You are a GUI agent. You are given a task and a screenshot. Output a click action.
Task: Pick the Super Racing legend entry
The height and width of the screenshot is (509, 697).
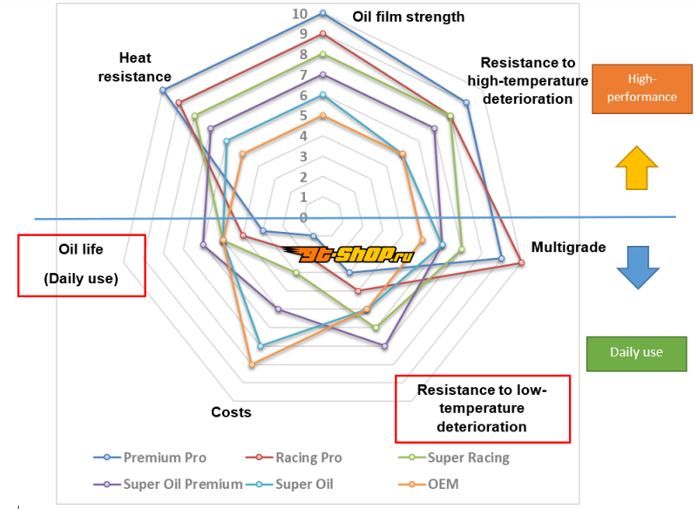coord(466,458)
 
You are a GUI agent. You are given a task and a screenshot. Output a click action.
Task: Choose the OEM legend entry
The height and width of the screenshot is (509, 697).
coord(440,484)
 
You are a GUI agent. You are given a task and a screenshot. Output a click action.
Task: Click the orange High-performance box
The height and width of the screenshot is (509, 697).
coord(641,90)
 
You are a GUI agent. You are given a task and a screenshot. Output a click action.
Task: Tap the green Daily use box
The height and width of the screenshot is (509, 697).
coord(636,352)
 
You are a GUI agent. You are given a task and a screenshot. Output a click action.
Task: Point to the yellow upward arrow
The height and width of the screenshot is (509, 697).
coord(636,166)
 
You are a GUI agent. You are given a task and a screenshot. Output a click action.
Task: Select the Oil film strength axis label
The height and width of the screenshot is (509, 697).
coord(408,17)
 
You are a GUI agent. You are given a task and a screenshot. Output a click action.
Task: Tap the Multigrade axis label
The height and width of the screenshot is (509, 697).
coord(568,247)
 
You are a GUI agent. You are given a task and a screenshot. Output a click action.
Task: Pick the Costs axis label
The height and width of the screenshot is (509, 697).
coord(231,412)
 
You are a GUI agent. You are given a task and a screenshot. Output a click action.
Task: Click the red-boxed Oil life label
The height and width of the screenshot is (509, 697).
coord(81,264)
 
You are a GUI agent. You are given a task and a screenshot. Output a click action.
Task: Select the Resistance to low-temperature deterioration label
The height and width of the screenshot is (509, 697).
coord(482,408)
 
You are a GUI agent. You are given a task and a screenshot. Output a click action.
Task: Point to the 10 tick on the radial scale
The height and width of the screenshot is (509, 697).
coord(300,14)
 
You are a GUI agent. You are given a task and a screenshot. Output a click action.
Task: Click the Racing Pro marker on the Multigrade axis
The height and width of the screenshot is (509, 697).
coord(521,263)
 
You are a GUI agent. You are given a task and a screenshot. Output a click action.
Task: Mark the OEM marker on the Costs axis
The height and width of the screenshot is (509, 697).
coord(253,364)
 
